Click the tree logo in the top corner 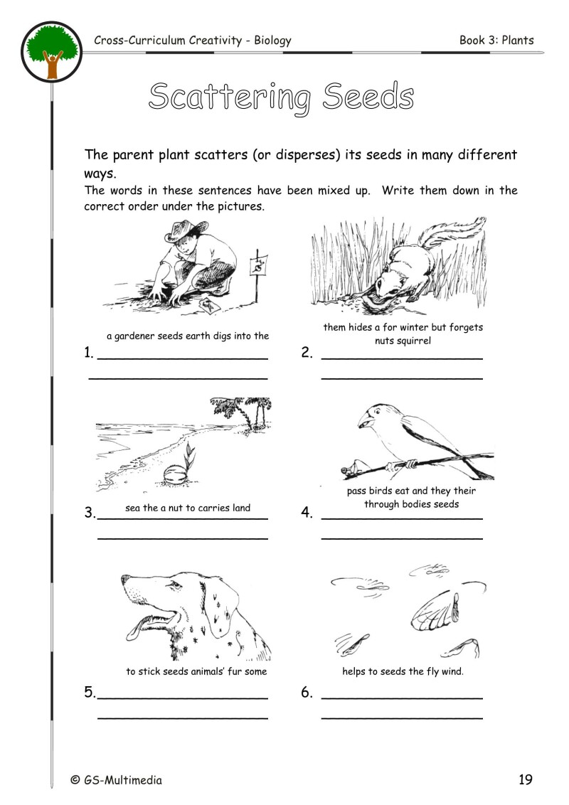[52, 51]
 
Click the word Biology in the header [270, 41]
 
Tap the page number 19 [525, 779]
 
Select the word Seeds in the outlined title [368, 97]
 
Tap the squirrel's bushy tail [456, 234]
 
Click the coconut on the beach [174, 473]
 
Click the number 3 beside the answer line [89, 512]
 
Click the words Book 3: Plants [496, 41]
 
